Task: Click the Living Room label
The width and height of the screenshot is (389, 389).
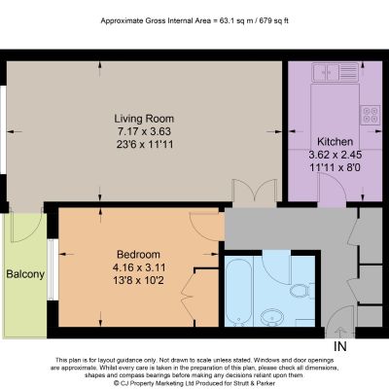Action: (x=144, y=119)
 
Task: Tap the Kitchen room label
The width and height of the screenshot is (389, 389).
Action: (x=335, y=142)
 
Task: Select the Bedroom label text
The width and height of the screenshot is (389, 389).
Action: (x=138, y=255)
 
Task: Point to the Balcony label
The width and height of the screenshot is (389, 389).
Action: (x=25, y=274)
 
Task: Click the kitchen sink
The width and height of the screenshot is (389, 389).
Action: (x=336, y=72)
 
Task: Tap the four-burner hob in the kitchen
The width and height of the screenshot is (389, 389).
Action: (x=371, y=115)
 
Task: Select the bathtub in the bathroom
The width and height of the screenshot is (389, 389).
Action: (x=238, y=292)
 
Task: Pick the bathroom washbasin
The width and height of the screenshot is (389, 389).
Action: (x=272, y=316)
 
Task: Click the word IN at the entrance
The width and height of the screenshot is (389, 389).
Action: (x=340, y=346)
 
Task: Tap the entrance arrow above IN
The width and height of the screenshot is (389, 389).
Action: (x=340, y=333)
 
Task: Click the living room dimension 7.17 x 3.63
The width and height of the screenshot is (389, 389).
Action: (x=144, y=131)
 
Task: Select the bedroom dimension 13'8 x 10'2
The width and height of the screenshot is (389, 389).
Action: (x=138, y=280)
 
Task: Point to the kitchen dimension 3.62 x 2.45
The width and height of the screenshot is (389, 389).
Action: (x=335, y=155)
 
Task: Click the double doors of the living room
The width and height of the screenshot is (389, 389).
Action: (x=255, y=193)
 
